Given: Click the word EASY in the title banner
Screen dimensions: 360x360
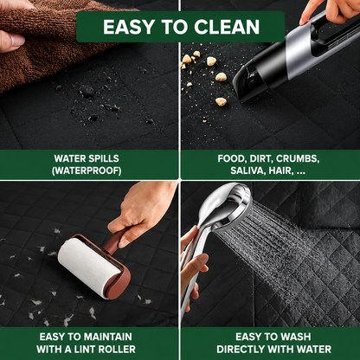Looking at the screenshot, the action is tap(128, 27).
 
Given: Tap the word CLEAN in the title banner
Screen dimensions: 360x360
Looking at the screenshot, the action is tap(227, 27).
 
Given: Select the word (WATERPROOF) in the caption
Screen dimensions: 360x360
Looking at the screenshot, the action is tap(87, 170).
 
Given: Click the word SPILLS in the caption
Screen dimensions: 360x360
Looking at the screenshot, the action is tap(103, 158).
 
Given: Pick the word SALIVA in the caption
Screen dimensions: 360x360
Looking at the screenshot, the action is tap(248, 170).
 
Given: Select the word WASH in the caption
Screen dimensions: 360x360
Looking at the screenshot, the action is tap(297, 337).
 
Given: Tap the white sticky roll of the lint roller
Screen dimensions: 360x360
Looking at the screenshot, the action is tap(88, 267).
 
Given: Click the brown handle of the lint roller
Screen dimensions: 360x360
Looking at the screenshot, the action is tap(115, 239).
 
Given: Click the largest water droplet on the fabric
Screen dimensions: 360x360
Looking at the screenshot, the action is tap(87, 91).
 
